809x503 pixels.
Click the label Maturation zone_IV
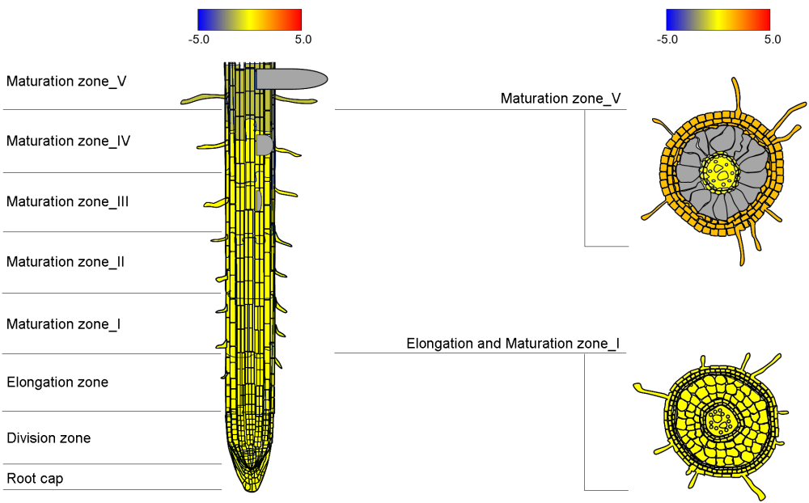pyautogui.click(x=68, y=141)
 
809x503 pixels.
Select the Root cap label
pyautogui.click(x=35, y=478)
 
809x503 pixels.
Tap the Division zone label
pyautogui.click(x=49, y=437)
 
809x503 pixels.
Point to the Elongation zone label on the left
pyautogui.click(x=57, y=382)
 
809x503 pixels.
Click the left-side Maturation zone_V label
pyautogui.click(x=66, y=81)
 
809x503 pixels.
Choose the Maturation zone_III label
pyautogui.click(x=68, y=201)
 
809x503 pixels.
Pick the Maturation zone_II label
pyautogui.click(x=66, y=261)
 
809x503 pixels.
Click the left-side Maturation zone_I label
pyautogui.click(x=64, y=323)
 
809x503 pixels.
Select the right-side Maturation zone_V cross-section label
pyautogui.click(x=561, y=98)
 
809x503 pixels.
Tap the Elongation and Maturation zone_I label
pyautogui.click(x=513, y=344)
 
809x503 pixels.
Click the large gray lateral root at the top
pyautogui.click(x=291, y=78)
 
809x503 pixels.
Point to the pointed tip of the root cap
pyautogui.click(x=250, y=488)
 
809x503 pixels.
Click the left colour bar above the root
pyautogui.click(x=249, y=19)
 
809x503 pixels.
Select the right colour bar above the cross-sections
pyautogui.click(x=718, y=19)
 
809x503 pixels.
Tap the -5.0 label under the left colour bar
pyautogui.click(x=198, y=38)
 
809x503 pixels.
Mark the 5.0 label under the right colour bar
pyautogui.click(x=772, y=38)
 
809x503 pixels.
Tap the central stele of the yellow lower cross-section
pyautogui.click(x=718, y=419)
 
